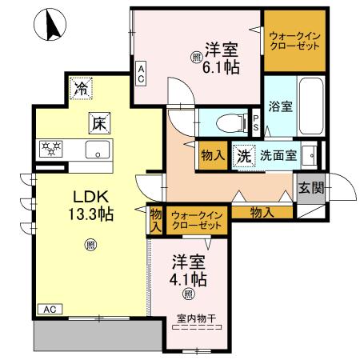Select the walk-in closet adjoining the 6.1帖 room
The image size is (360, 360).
tap(295, 40)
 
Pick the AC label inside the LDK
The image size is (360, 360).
tap(48, 309)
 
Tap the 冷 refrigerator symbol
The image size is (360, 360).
tap(81, 88)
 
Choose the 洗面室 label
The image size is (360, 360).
tap(275, 155)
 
